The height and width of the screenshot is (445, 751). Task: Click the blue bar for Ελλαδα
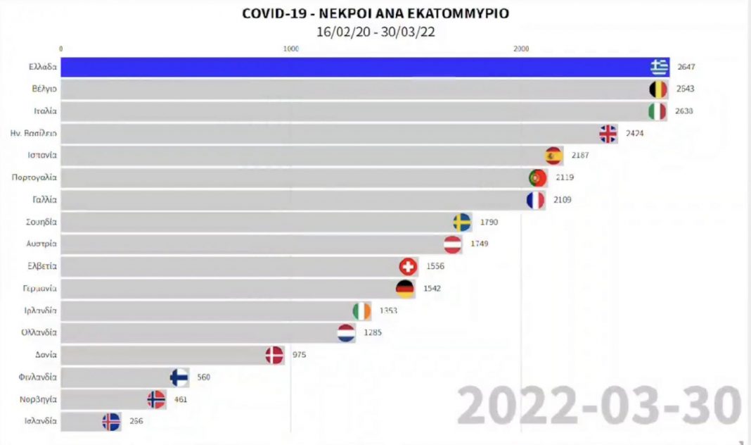pyautogui.click(x=352, y=67)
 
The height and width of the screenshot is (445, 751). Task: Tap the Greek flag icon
pyautogui.click(x=659, y=67)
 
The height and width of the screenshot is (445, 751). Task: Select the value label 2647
pyautogui.click(x=686, y=67)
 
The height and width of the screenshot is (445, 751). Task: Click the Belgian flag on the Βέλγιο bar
pyautogui.click(x=657, y=89)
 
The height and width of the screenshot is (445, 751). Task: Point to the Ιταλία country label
pyautogui.click(x=45, y=111)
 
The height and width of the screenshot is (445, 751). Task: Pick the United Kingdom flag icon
pyautogui.click(x=608, y=134)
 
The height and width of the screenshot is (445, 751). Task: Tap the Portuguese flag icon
pyautogui.click(x=538, y=178)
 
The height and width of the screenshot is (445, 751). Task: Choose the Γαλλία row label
pyautogui.click(x=45, y=200)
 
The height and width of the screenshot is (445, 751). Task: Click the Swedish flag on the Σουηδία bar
pyautogui.click(x=462, y=222)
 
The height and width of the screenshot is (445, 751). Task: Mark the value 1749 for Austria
pyautogui.click(x=480, y=244)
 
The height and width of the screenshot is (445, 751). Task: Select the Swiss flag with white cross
pyautogui.click(x=408, y=267)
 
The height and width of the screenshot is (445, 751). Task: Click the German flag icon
pyautogui.click(x=404, y=289)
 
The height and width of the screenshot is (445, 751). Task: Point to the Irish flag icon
pyautogui.click(x=361, y=311)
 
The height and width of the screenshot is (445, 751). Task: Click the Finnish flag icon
pyautogui.click(x=179, y=377)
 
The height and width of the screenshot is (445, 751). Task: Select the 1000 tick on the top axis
pyautogui.click(x=290, y=49)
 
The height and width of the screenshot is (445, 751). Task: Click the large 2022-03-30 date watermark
pyautogui.click(x=599, y=406)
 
